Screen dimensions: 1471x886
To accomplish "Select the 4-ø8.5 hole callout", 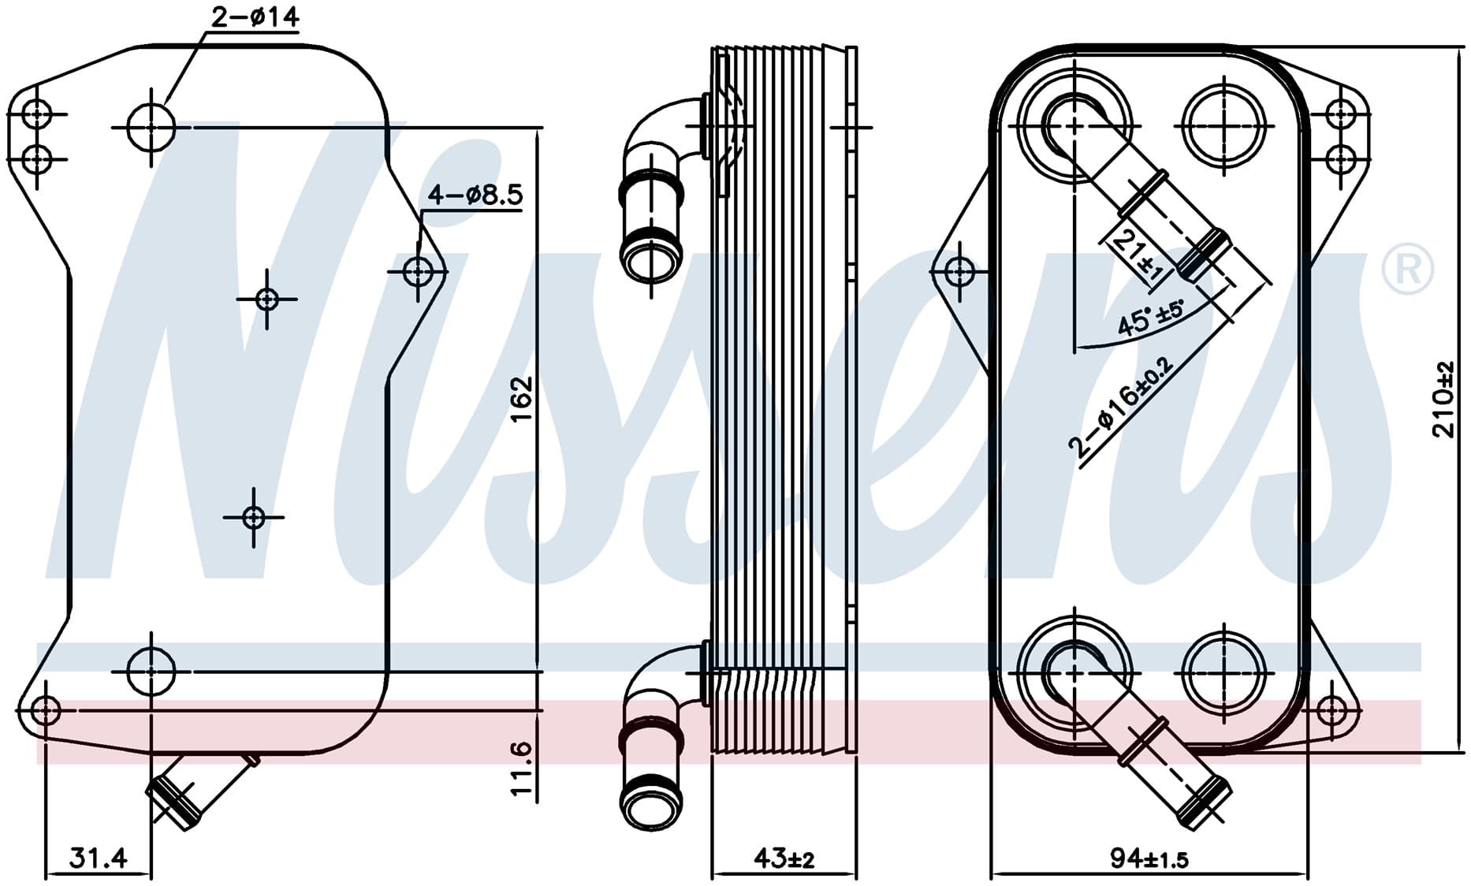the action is point(475,194).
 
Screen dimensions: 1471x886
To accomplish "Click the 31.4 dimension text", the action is point(98,857).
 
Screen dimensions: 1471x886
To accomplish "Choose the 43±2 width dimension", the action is point(784,858).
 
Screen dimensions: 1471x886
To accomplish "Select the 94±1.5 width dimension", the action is point(1149,858).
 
